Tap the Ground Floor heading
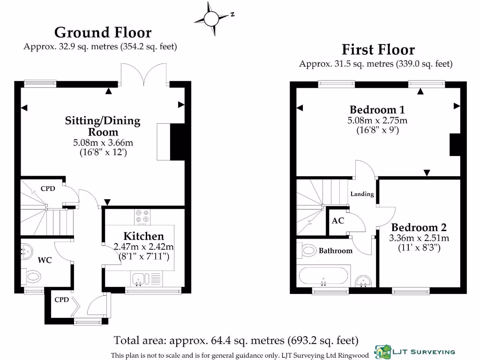pyautogui.click(x=103, y=32)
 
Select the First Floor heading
pyautogui.click(x=378, y=50)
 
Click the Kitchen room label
pyautogui.click(x=143, y=236)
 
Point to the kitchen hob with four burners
pyautogui.click(x=142, y=217)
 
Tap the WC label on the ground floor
pyautogui.click(x=45, y=260)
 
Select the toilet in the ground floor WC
pyautogui.click(x=32, y=277)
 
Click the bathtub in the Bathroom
pyautogui.click(x=323, y=276)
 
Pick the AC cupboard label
pyautogui.click(x=338, y=220)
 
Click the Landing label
pyautogui.click(x=362, y=194)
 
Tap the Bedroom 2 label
pyautogui.click(x=419, y=227)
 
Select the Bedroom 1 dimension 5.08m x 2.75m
pyautogui.click(x=377, y=120)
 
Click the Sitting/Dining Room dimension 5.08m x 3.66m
pyautogui.click(x=103, y=142)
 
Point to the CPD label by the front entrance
pyautogui.click(x=61, y=300)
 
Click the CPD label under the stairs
pyautogui.click(x=48, y=188)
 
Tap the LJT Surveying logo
pyautogui.click(x=415, y=352)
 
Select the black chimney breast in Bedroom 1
pyautogui.click(x=455, y=145)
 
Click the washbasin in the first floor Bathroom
pyautogui.click(x=363, y=281)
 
